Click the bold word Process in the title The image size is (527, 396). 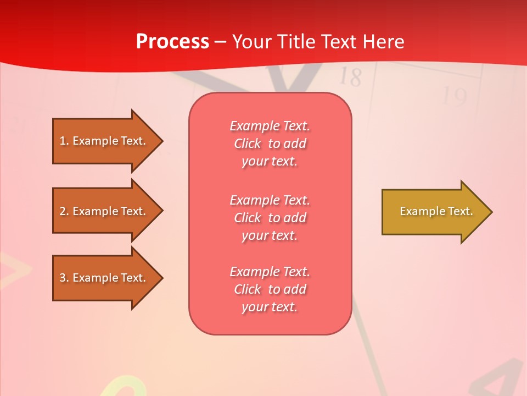tap(172, 42)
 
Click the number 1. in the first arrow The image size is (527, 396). tap(64, 141)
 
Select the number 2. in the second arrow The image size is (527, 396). tap(64, 211)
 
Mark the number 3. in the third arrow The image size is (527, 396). tap(64, 278)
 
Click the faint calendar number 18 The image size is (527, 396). tap(350, 77)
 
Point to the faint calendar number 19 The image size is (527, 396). tap(454, 97)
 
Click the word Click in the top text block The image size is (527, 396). tap(248, 144)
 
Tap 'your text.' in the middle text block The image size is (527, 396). tap(270, 235)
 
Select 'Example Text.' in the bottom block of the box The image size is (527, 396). tap(270, 272)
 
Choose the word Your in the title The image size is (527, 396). tap(251, 42)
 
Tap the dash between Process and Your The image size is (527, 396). tap(220, 42)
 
